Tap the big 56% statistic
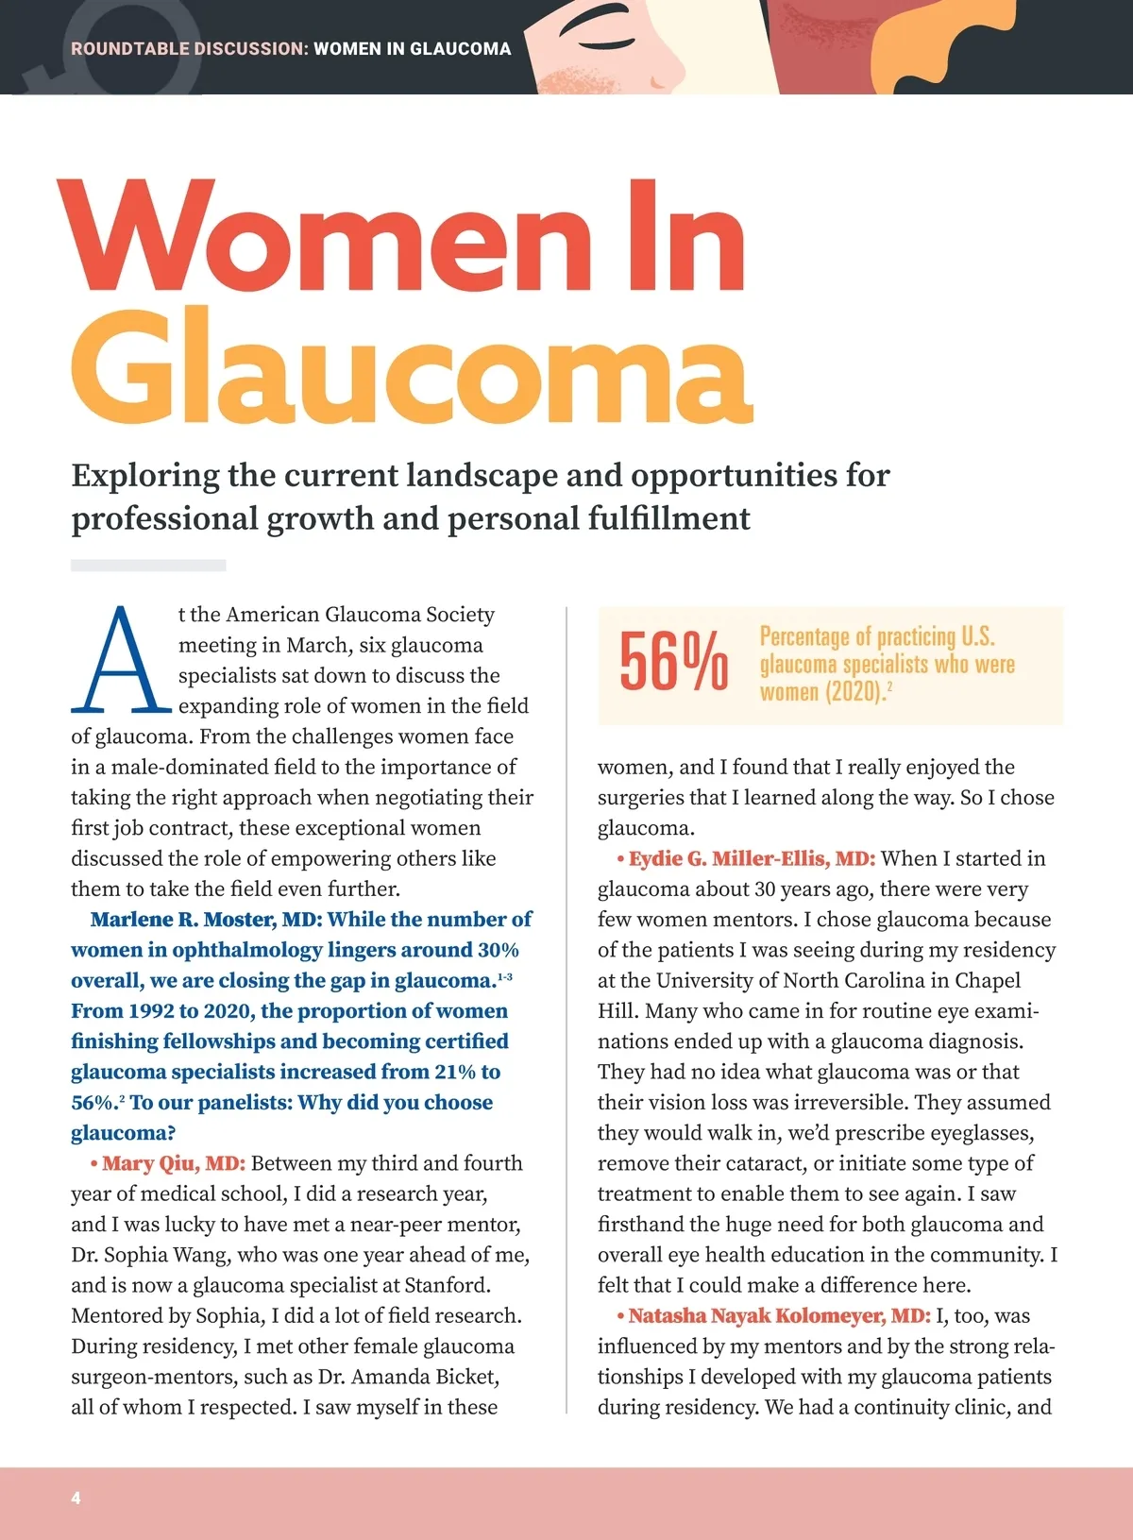click(x=673, y=662)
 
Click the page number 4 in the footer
click(x=76, y=1498)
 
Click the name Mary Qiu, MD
click(x=174, y=1163)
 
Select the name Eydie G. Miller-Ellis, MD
click(x=752, y=858)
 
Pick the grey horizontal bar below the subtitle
click(x=148, y=566)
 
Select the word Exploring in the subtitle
click(x=145, y=475)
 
